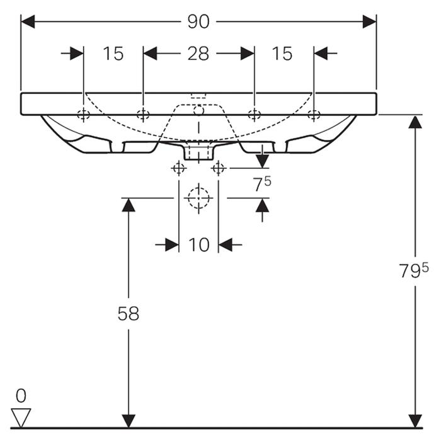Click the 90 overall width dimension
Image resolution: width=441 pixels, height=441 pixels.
pyautogui.click(x=198, y=21)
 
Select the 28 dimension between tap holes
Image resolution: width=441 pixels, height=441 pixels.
pyautogui.click(x=198, y=54)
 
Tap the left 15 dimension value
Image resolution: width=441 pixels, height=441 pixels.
pyautogui.click(x=113, y=54)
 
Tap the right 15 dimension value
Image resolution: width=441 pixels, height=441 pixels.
pyautogui.click(x=282, y=54)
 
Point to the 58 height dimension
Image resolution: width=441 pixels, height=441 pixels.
pyautogui.click(x=128, y=313)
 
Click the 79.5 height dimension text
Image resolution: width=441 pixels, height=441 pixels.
pyautogui.click(x=413, y=271)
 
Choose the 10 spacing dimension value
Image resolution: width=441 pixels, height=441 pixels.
pyautogui.click(x=198, y=244)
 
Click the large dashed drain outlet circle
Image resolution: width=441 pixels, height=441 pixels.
pyautogui.click(x=198, y=198)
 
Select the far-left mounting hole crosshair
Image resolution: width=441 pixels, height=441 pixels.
pyautogui.click(x=83, y=115)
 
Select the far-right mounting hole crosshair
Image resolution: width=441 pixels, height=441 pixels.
pyautogui.click(x=313, y=115)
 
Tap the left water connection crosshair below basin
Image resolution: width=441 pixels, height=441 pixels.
pyautogui.click(x=178, y=168)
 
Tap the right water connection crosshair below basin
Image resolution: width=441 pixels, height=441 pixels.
pyautogui.click(x=219, y=168)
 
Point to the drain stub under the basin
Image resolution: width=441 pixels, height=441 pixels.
pyautogui.click(x=198, y=152)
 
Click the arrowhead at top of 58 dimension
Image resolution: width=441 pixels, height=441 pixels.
pyautogui.click(x=128, y=205)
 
